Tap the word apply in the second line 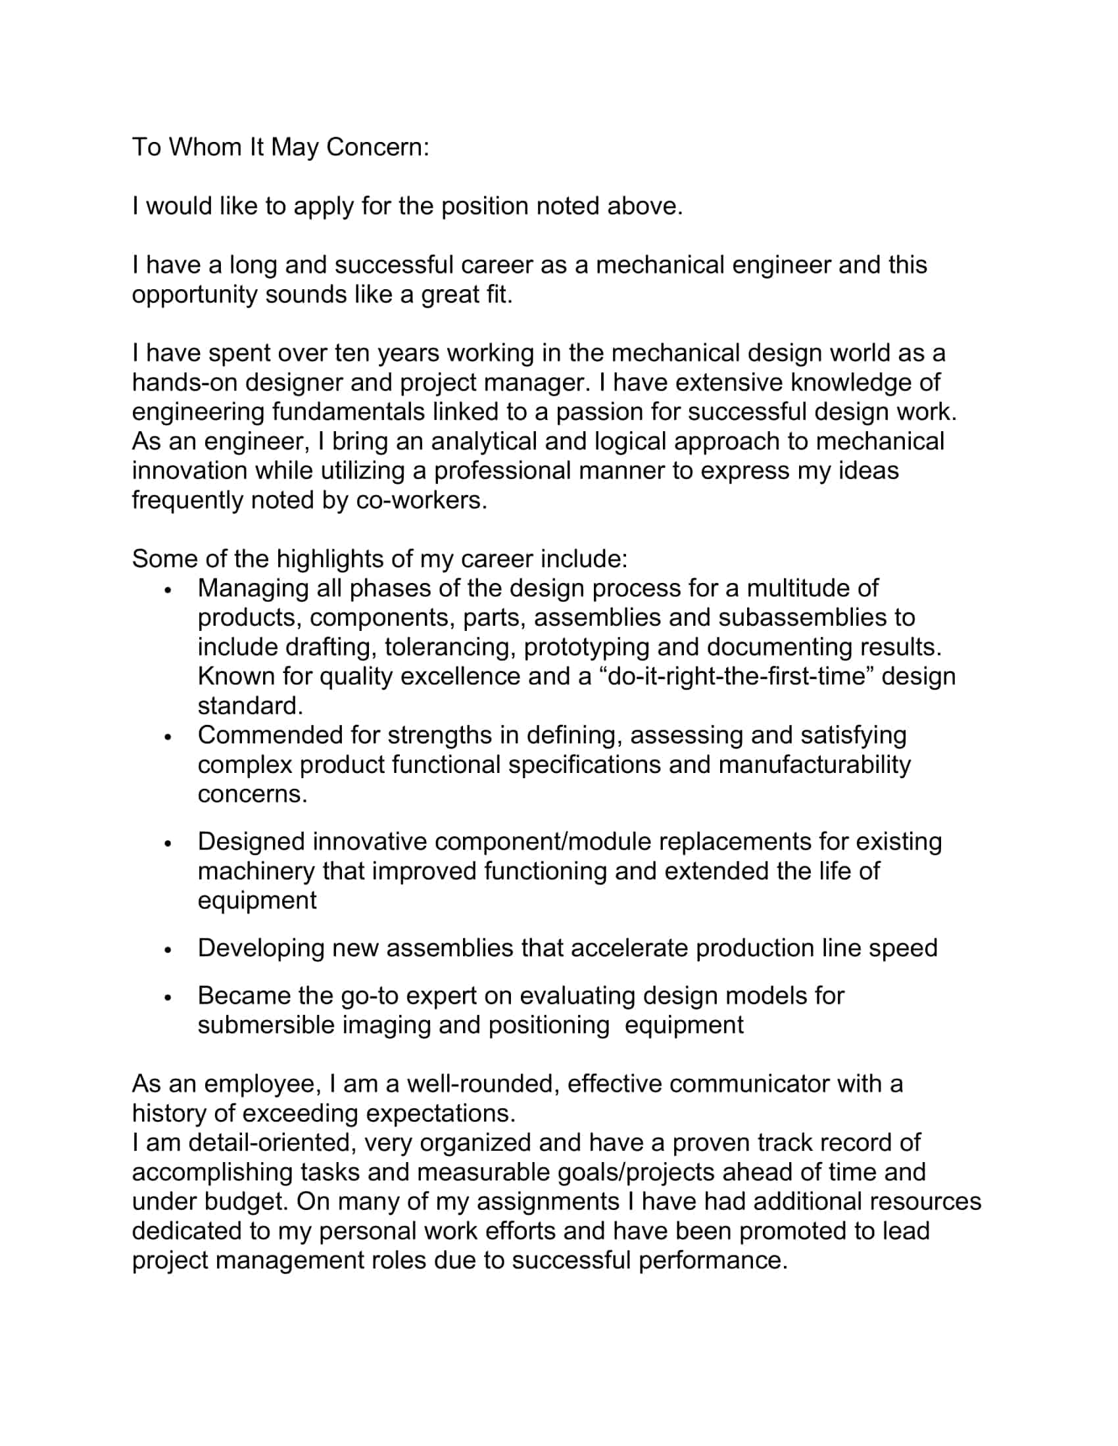click(323, 206)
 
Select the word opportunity click(195, 294)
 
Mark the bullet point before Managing click(168, 590)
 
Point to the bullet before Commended click(168, 736)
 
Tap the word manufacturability click(814, 764)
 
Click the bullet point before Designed click(168, 843)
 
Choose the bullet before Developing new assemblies click(168, 950)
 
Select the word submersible click(266, 1025)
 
